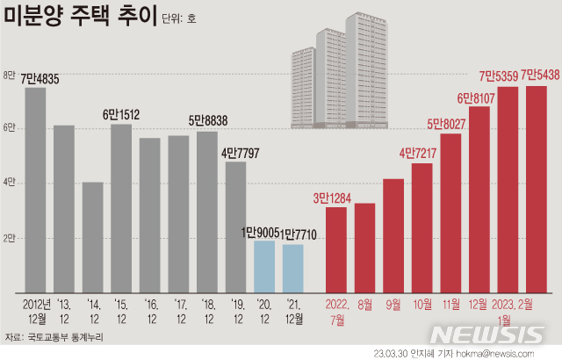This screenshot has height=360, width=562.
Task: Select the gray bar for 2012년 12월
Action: coord(35,189)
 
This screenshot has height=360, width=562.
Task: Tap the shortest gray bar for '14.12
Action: coord(93,237)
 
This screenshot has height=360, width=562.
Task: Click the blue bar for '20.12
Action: coord(264,266)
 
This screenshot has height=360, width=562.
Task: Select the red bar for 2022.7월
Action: coord(335,249)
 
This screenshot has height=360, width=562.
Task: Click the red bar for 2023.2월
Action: coord(536,189)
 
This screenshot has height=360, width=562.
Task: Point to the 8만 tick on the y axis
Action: coord(11,76)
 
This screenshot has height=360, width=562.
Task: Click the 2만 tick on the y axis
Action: coord(11,238)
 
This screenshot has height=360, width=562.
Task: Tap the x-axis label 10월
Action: coord(422,304)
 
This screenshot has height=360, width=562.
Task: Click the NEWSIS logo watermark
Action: coord(488,335)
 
